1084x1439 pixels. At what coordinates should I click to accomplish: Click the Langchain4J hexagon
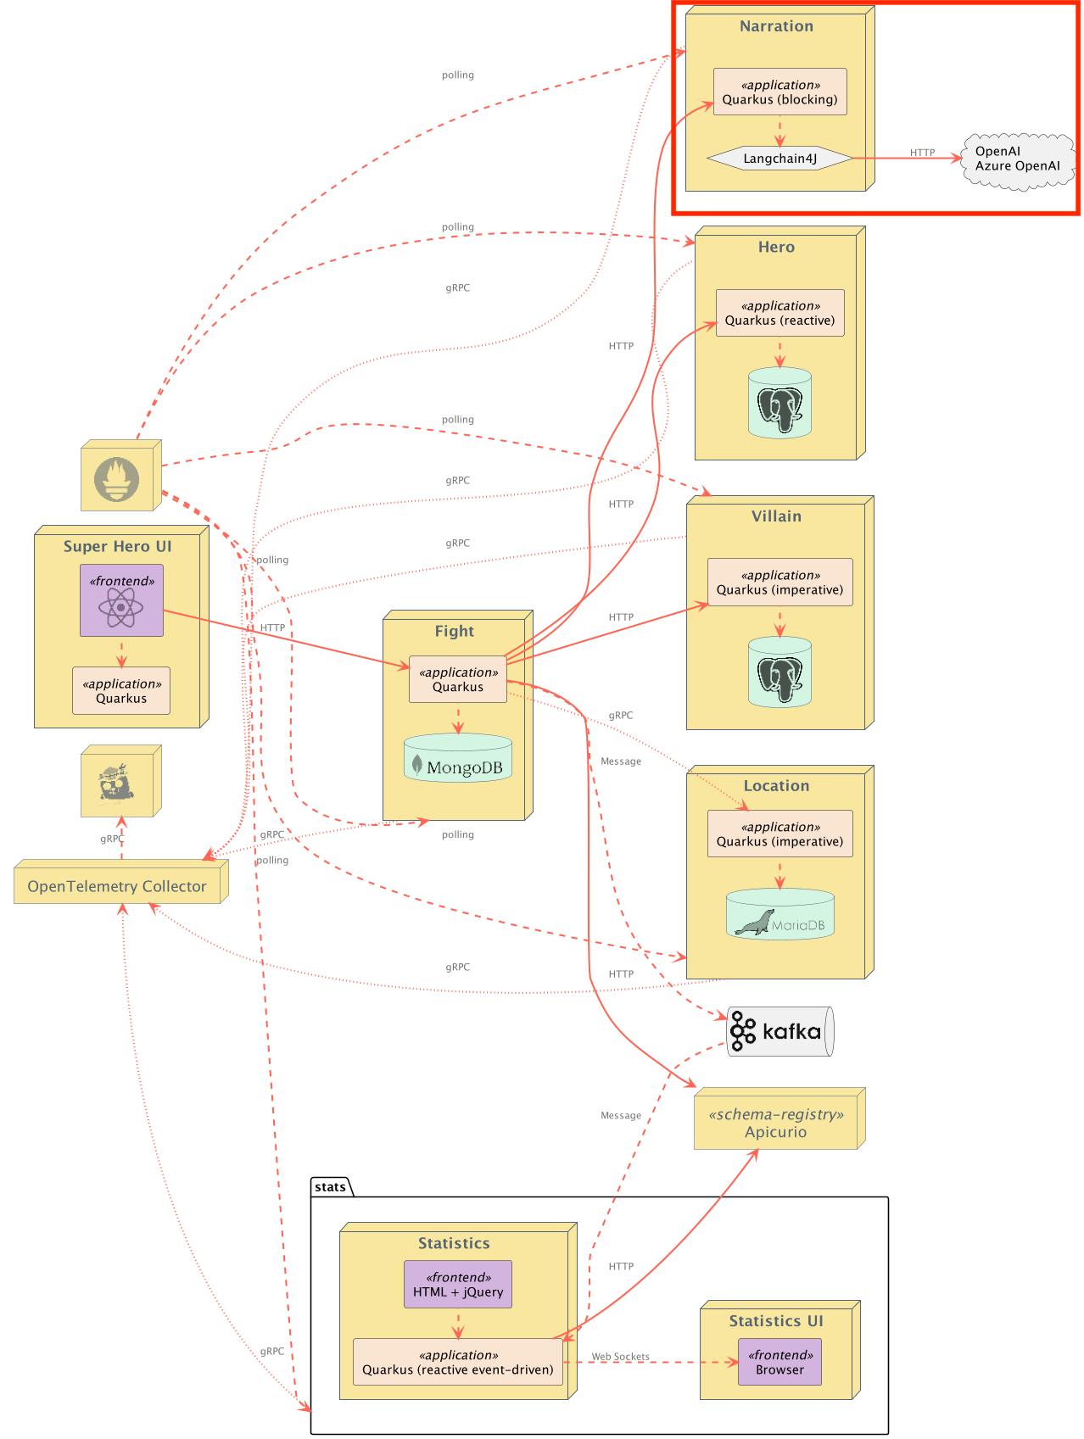[x=779, y=159]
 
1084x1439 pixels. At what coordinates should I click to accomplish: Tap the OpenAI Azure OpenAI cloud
[x=1018, y=159]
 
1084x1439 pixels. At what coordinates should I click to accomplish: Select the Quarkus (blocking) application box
[x=780, y=92]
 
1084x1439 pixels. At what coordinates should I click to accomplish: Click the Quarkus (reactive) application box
[x=779, y=313]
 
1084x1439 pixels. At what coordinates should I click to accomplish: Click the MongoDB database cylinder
[x=458, y=757]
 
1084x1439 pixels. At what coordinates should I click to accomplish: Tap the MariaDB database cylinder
[x=780, y=914]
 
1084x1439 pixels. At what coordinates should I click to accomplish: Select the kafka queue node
[x=780, y=1031]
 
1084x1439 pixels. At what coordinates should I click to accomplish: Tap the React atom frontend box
[x=121, y=600]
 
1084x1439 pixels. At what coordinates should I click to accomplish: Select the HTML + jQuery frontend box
[x=458, y=1285]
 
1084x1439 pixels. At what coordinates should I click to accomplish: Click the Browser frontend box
[x=779, y=1362]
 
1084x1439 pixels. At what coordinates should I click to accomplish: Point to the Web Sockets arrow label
[x=621, y=1357]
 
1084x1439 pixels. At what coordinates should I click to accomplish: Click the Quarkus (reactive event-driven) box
[x=458, y=1362]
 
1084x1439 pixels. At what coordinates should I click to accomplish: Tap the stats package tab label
[x=331, y=1186]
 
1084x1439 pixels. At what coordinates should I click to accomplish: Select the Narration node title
[x=776, y=26]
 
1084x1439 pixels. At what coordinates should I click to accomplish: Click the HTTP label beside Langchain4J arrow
[x=922, y=153]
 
